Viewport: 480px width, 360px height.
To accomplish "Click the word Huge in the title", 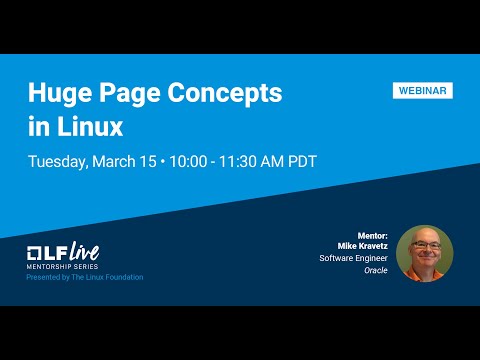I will click(59, 94).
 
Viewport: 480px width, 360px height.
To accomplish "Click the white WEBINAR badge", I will click(422, 90).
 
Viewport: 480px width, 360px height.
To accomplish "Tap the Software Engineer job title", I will click(353, 258).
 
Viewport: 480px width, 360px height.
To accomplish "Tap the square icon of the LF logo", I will click(35, 251).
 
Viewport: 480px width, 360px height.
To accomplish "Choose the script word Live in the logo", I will click(81, 250).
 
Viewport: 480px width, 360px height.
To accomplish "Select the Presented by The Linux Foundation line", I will click(85, 277).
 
